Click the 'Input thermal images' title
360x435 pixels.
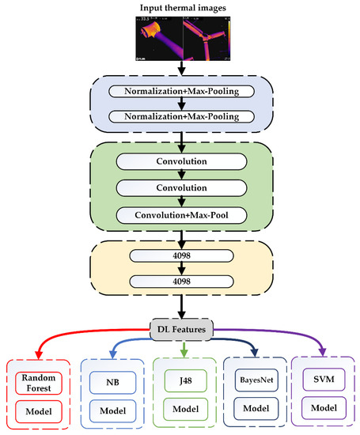(183, 8)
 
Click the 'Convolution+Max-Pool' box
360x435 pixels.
(182, 214)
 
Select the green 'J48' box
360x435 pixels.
(184, 382)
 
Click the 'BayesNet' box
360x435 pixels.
(254, 382)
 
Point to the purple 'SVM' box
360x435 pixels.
(323, 382)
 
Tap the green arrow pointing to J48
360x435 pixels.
(184, 349)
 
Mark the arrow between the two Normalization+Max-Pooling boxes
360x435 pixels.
(183, 104)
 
